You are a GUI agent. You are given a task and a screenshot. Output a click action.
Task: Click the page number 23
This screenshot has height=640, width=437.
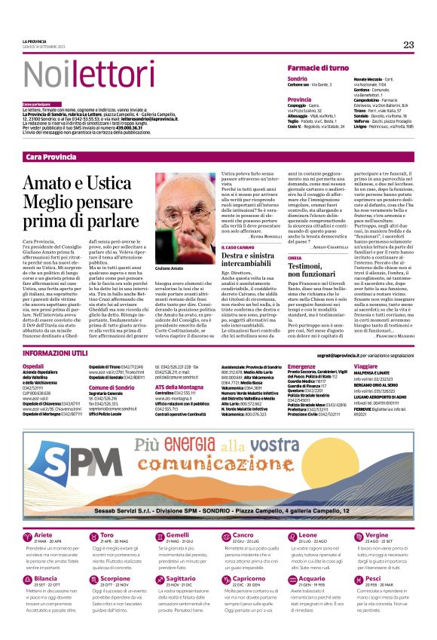pos(408,45)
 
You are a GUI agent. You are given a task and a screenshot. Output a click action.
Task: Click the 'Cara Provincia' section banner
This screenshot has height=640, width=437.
pos(50,156)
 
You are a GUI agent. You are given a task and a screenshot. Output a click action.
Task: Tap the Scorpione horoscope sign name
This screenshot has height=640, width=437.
pos(115,579)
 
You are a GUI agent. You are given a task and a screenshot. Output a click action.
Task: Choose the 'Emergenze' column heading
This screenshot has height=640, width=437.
pos(301,365)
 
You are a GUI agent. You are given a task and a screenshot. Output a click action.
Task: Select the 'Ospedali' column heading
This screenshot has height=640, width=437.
pos(34,365)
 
